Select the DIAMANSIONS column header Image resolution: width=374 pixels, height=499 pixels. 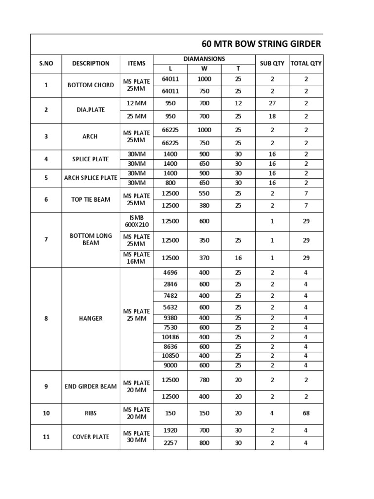(x=204, y=59)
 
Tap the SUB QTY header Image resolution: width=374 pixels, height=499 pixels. (x=272, y=63)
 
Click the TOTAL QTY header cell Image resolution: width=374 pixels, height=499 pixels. (x=306, y=63)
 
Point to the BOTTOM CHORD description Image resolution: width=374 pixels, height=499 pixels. (x=91, y=85)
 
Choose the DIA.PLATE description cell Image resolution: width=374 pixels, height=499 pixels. (x=91, y=110)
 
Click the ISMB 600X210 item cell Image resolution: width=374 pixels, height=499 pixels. (x=136, y=221)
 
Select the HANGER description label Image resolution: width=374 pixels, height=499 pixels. (x=91, y=319)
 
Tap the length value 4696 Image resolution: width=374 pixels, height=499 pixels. (x=170, y=273)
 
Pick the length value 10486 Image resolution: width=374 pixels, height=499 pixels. (x=170, y=337)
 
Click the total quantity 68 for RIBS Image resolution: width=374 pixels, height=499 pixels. (x=306, y=413)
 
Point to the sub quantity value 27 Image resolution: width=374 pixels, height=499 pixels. (x=272, y=103)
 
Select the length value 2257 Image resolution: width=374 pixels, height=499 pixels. (x=170, y=443)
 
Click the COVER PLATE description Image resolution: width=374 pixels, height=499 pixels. (x=91, y=437)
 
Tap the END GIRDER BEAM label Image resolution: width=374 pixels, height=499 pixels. (x=91, y=387)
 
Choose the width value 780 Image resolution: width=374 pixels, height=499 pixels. (x=204, y=380)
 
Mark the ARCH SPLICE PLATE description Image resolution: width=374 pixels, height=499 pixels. (x=91, y=178)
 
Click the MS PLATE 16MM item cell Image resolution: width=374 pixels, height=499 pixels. (x=136, y=258)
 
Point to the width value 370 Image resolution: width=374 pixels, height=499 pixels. (x=204, y=258)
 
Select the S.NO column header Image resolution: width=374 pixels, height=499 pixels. (x=46, y=63)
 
